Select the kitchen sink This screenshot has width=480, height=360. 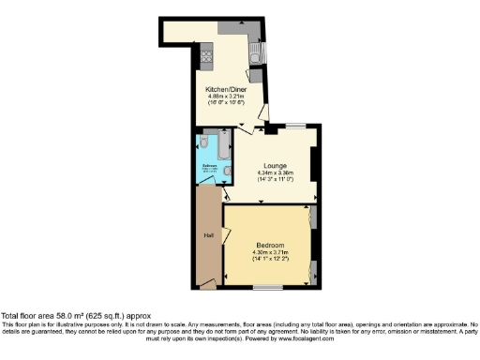click(255, 55)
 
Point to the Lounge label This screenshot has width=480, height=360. click(276, 167)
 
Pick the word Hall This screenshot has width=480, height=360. click(210, 235)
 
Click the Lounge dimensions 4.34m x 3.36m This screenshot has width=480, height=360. click(276, 173)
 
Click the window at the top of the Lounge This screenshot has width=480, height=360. click(295, 126)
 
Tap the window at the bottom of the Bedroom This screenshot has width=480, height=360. click(267, 286)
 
